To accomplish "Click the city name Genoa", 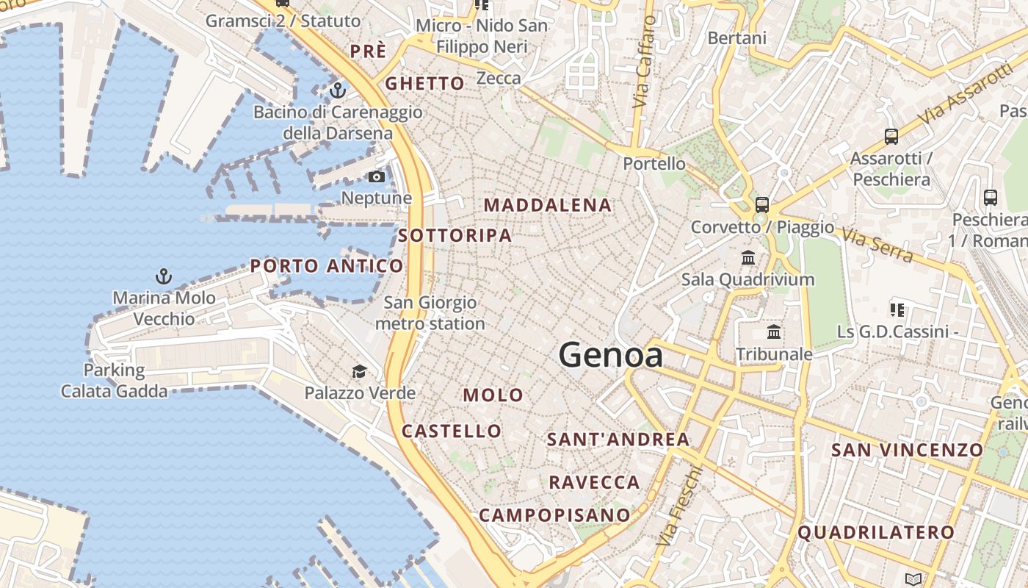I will click(611, 356).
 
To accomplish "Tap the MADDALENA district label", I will click(548, 206).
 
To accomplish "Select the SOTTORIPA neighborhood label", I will click(455, 236).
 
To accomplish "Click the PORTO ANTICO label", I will click(327, 266).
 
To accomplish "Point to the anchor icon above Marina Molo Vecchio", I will click(164, 276).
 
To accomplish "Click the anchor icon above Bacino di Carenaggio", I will click(337, 90).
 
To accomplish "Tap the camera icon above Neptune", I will click(376, 177).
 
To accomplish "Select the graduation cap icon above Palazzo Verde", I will click(359, 372).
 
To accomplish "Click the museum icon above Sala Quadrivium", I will click(748, 258).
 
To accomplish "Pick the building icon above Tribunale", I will click(774, 332).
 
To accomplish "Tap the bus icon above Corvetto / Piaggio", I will click(761, 205).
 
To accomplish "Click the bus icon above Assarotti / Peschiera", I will click(891, 137).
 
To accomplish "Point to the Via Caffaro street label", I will click(643, 62).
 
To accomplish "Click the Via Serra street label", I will click(877, 245).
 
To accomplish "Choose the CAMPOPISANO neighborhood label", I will click(554, 515).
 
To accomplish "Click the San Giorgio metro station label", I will click(430, 313).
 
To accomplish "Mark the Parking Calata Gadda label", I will click(114, 381).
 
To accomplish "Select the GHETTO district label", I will click(424, 84).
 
